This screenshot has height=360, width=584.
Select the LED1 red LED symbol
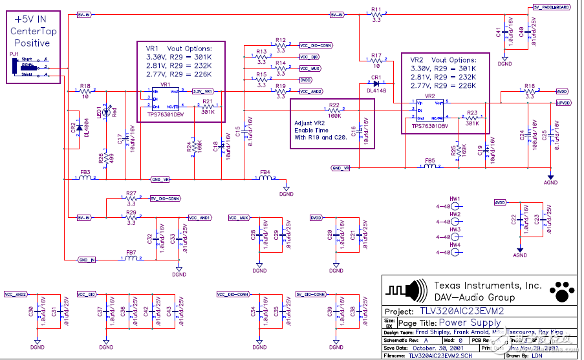(x=107, y=111)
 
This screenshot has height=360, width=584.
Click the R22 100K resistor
(x=334, y=111)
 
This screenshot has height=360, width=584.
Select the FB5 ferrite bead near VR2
(x=429, y=166)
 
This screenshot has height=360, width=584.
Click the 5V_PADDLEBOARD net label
(x=552, y=7)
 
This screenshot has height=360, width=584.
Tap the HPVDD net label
(x=563, y=103)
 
